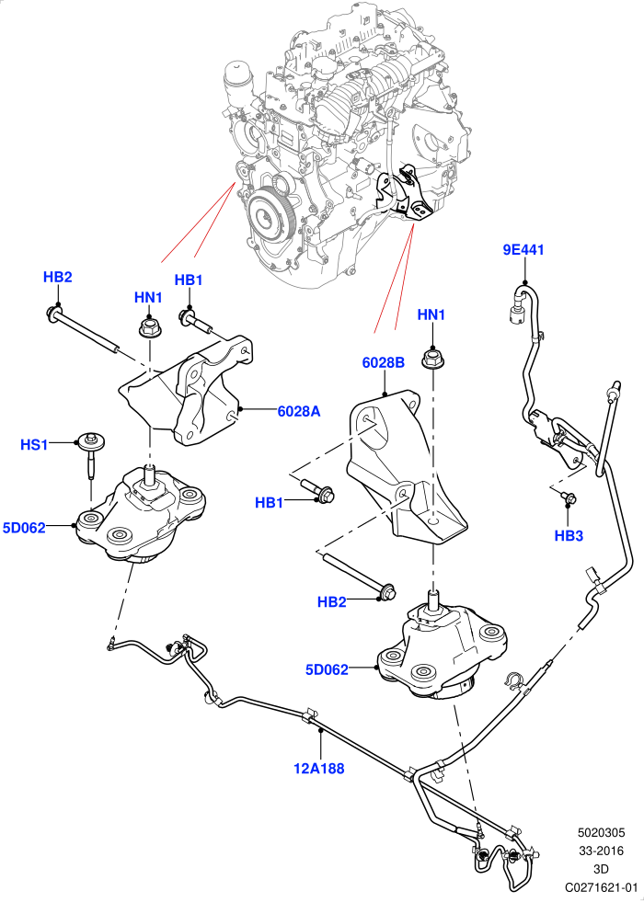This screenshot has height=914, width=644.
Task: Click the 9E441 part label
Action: pyautogui.click(x=523, y=250)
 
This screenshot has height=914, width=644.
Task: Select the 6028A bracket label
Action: pyautogui.click(x=299, y=412)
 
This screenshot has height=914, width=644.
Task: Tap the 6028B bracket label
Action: pyautogui.click(x=384, y=362)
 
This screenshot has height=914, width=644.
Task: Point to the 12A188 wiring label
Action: pyautogui.click(x=319, y=769)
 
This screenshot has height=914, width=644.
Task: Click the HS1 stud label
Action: pyautogui.click(x=34, y=445)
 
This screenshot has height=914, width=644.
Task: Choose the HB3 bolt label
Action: pyautogui.click(x=569, y=536)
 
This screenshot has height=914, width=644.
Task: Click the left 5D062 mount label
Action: pyautogui.click(x=24, y=528)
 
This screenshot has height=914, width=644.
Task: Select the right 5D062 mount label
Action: pyautogui.click(x=327, y=669)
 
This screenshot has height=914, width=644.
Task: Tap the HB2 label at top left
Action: pyautogui.click(x=58, y=277)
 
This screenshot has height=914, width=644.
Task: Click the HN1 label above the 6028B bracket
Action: pyautogui.click(x=431, y=314)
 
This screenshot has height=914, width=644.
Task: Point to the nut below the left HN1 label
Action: pyautogui.click(x=148, y=327)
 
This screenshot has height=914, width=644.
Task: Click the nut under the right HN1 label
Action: pyautogui.click(x=431, y=358)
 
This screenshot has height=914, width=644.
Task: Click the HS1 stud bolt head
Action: pyautogui.click(x=91, y=439)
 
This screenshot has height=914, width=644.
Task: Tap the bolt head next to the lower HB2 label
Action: pyautogui.click(x=386, y=591)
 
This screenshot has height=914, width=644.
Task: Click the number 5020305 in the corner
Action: pyautogui.click(x=601, y=833)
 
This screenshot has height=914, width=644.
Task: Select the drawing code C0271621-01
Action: pyautogui.click(x=601, y=887)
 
